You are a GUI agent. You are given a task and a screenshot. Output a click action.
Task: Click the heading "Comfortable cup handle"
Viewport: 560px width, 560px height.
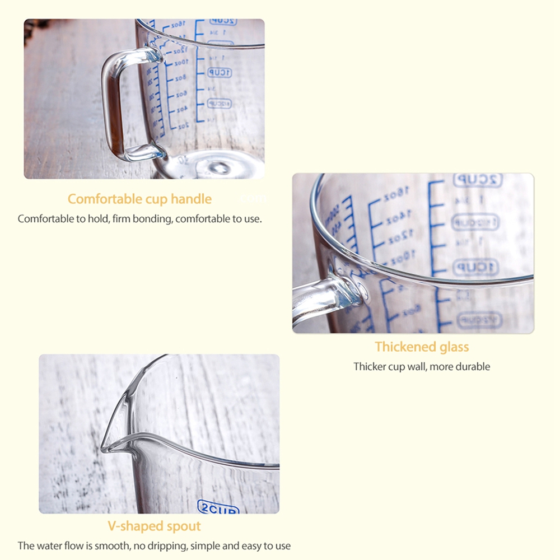pyautogui.click(x=139, y=199)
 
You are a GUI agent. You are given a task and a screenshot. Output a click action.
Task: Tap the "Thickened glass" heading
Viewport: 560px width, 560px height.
pyautogui.click(x=422, y=347)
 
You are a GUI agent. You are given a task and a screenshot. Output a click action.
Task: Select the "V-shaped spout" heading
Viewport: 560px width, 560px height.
pyautogui.click(x=154, y=526)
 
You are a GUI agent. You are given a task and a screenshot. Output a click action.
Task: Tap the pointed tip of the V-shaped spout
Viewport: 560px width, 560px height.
pyautogui.click(x=104, y=449)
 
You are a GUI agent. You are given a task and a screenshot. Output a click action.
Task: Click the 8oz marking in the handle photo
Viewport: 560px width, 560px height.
pyautogui.click(x=180, y=78)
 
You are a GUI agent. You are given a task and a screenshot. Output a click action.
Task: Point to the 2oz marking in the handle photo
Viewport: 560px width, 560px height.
pyautogui.click(x=184, y=127)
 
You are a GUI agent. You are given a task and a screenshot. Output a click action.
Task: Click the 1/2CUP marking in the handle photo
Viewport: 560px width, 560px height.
pyautogui.click(x=219, y=104)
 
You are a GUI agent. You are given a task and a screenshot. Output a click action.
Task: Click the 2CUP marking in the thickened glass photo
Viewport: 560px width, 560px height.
pyautogui.click(x=477, y=180)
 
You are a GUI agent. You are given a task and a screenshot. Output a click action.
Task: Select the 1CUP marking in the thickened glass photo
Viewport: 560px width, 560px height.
pyautogui.click(x=475, y=266)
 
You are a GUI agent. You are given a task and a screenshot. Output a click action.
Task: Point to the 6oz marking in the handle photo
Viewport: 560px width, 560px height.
pyautogui.click(x=181, y=94)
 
